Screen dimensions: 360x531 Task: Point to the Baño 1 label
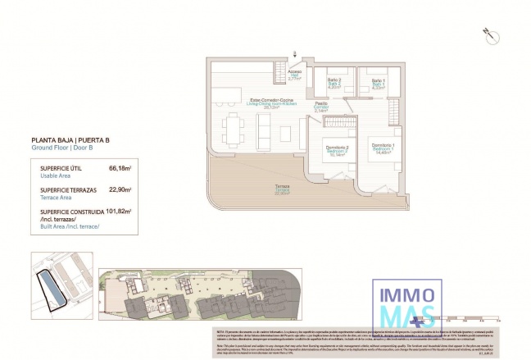click(378, 82)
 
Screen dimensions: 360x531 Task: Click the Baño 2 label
click(334, 82)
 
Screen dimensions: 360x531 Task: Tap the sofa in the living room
click(265, 128)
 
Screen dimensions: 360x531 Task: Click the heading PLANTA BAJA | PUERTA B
click(70, 140)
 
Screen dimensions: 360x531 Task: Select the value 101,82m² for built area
click(119, 211)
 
